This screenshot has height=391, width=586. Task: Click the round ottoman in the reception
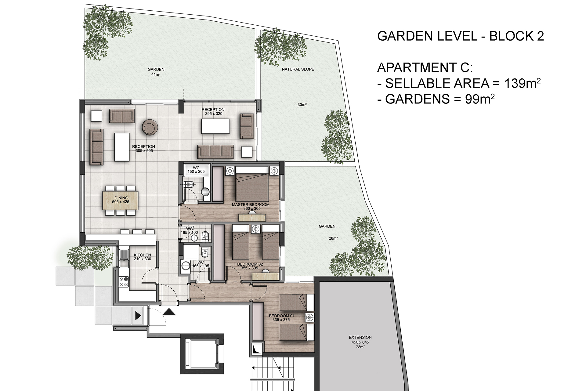[x=150, y=127]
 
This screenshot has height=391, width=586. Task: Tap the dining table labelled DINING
[x=121, y=200]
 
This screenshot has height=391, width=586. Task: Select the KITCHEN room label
[x=143, y=255]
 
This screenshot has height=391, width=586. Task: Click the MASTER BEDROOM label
[x=251, y=205]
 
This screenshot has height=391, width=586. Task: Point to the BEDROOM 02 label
[x=250, y=264]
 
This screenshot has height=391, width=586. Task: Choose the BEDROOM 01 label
[x=282, y=316]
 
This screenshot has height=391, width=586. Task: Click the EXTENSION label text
[x=360, y=338]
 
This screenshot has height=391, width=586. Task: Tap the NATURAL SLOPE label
[x=298, y=69]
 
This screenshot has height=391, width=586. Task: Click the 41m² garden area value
[x=156, y=74]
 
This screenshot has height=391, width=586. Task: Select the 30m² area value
[x=302, y=105]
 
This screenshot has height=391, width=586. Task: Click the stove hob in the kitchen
[x=124, y=282]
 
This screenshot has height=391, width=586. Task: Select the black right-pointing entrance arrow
[x=138, y=315]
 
